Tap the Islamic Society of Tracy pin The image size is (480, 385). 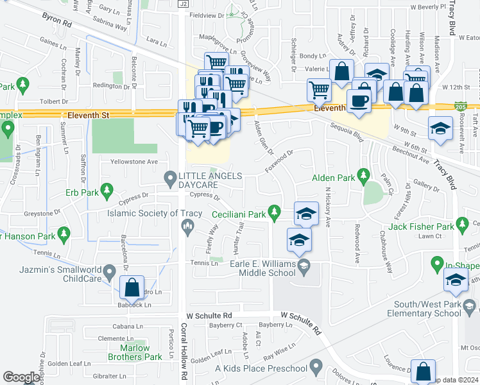(x=188, y=225)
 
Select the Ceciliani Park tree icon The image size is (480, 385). (x=275, y=210)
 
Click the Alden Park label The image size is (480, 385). (x=333, y=178)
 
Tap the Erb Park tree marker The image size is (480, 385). (x=107, y=190)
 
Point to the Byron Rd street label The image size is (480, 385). (x=57, y=21)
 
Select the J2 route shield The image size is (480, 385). (x=184, y=4)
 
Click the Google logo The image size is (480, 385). (x=21, y=377)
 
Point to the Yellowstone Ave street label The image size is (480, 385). (x=134, y=162)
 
